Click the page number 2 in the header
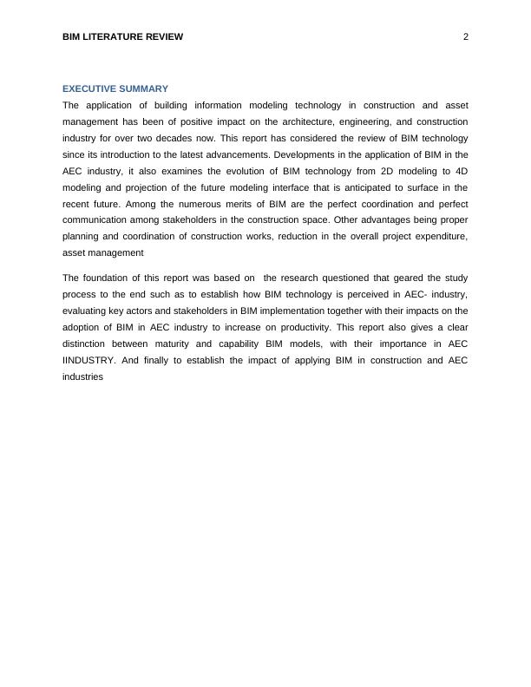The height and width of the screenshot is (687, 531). pyautogui.click(x=466, y=36)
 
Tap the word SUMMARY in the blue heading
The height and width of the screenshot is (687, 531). pyautogui.click(x=147, y=88)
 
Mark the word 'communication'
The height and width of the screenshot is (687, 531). pyautogui.click(x=95, y=220)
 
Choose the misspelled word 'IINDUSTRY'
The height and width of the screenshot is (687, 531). pyautogui.click(x=88, y=360)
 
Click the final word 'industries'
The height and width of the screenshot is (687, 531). pyautogui.click(x=83, y=376)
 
